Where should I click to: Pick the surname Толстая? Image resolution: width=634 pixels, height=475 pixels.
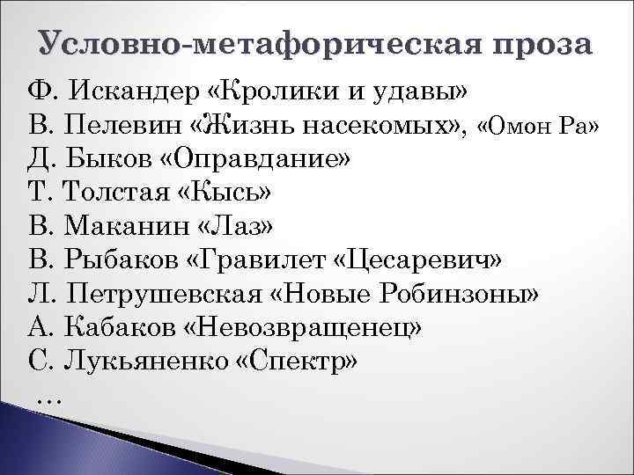pyautogui.click(x=114, y=193)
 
